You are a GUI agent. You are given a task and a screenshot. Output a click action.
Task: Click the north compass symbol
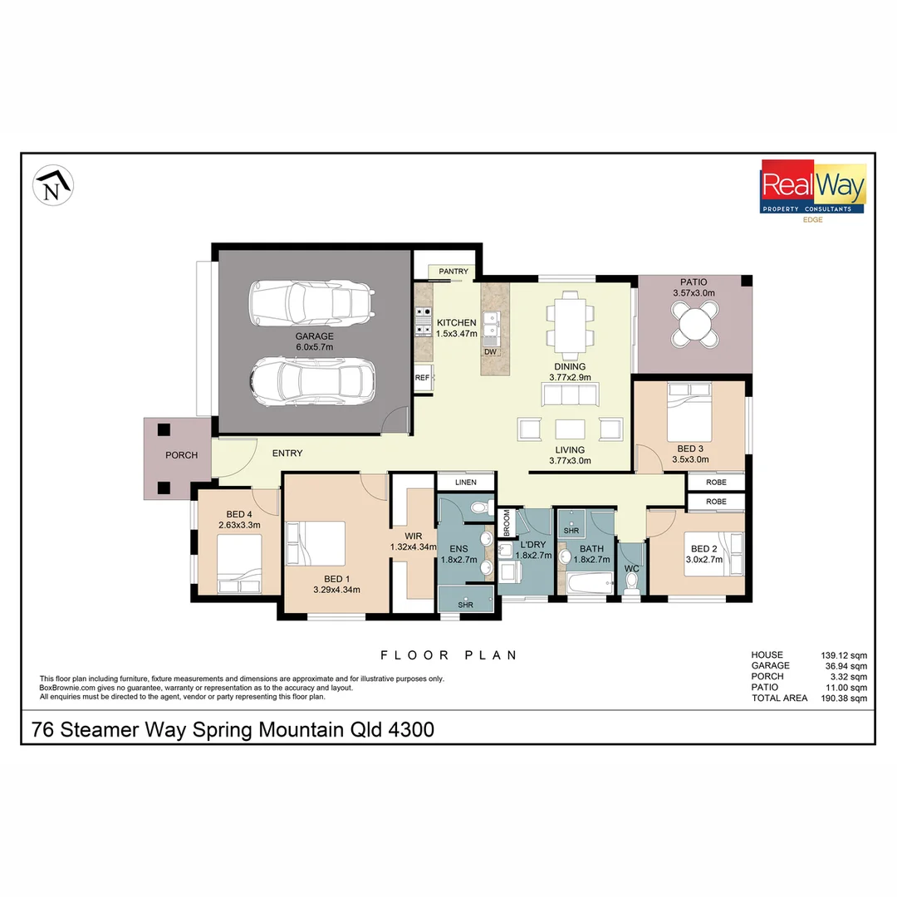point(53,186)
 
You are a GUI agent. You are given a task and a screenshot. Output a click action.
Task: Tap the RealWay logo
point(813,188)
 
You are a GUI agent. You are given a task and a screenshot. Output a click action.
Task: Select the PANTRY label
point(453,272)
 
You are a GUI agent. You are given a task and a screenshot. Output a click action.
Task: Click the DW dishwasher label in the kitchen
point(491,352)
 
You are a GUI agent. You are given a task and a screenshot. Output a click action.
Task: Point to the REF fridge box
point(423,377)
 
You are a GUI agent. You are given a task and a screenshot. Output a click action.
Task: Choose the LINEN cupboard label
point(465,482)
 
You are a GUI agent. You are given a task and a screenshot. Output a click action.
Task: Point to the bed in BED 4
point(239,563)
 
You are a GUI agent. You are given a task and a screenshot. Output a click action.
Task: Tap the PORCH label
point(181,455)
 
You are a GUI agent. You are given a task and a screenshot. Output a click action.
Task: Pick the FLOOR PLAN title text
point(448,655)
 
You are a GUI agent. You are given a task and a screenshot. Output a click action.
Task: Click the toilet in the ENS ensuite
point(479,507)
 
